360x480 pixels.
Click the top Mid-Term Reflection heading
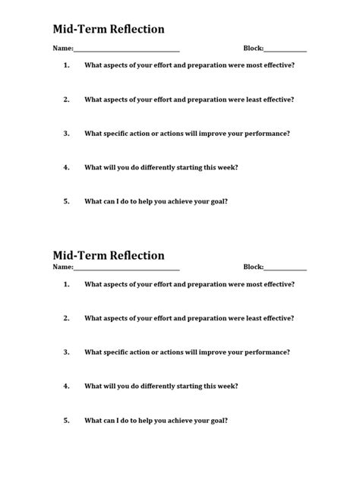pos(108,30)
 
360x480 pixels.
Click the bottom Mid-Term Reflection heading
pos(108,255)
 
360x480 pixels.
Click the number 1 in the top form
pos(66,65)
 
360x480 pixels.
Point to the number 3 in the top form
pos(66,133)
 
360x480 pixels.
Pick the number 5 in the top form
pos(66,201)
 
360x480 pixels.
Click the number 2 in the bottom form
pos(66,318)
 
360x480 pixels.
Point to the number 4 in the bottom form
pos(66,386)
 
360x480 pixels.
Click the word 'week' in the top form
pos(228,167)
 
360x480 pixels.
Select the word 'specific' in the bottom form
pos(115,352)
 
